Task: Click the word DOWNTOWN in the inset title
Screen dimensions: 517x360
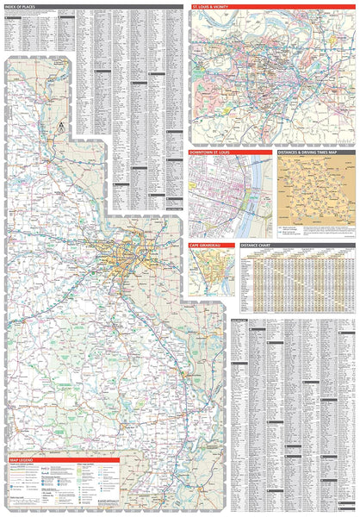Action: pos(201,153)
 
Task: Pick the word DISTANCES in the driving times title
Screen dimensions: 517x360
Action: pos(290,153)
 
